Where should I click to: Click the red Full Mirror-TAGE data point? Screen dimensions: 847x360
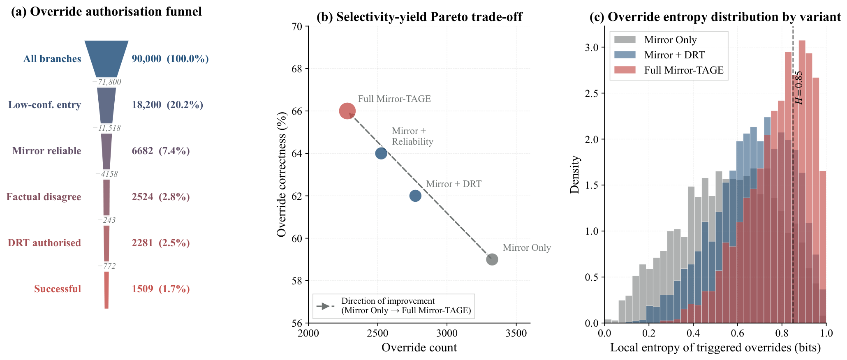pos(347,111)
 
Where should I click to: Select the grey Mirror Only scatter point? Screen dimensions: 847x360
pos(492,259)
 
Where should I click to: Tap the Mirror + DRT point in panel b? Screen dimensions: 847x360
pos(415,196)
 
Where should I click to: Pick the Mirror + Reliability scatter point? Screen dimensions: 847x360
pos(381,153)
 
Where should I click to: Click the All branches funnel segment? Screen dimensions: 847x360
pos(106,59)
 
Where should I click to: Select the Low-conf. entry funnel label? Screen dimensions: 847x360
pos(44,105)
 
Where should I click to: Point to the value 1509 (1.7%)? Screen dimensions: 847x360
pos(161,289)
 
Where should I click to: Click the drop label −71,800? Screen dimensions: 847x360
pos(106,82)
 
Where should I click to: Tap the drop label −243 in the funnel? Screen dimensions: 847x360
pos(106,220)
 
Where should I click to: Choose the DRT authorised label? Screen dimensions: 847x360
pos(44,243)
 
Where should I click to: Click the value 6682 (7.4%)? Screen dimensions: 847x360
pos(161,151)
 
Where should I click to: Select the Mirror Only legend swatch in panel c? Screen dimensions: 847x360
pos(625,40)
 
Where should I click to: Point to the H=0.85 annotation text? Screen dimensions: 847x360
pos(798,88)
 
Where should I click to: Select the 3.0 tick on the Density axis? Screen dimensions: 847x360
pos(592,47)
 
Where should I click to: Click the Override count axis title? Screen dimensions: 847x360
pos(419,348)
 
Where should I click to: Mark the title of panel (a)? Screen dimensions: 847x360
pos(106,12)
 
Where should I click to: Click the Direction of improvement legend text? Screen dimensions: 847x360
pos(406,306)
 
